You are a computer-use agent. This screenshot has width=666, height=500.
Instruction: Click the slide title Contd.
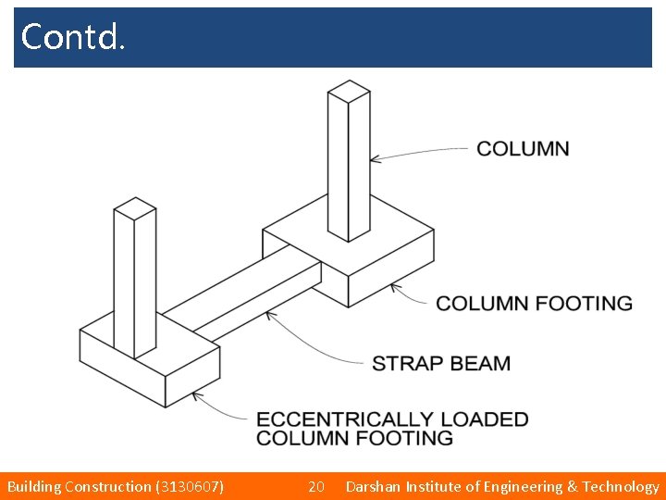point(71,37)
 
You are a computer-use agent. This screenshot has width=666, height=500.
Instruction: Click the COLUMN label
point(523,148)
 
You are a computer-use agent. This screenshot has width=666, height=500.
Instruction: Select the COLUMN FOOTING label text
point(534,304)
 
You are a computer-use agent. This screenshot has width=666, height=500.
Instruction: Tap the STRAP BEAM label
point(440,363)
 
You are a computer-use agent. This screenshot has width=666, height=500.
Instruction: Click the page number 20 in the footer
point(315,486)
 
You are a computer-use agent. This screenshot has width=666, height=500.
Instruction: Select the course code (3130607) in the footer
point(191,486)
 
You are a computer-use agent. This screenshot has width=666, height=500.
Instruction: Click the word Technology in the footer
point(621,486)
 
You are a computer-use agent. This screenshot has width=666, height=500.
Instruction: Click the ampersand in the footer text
point(571,486)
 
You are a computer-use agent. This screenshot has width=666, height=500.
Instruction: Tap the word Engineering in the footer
point(522,486)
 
